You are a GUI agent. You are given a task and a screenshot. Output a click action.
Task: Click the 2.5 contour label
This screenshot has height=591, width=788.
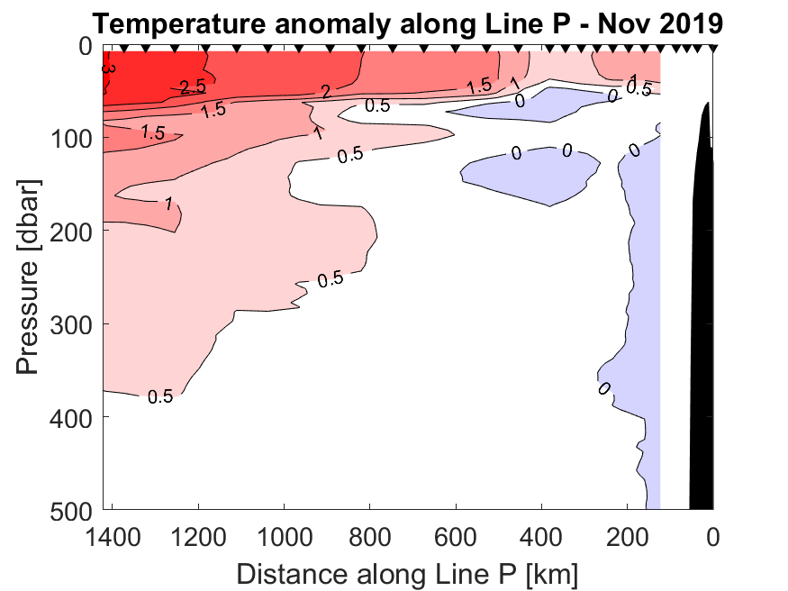(x=193, y=87)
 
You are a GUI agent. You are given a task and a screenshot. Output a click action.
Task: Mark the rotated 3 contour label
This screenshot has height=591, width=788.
(x=109, y=67)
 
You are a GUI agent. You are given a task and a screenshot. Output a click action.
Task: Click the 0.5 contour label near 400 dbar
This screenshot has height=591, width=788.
(x=160, y=396)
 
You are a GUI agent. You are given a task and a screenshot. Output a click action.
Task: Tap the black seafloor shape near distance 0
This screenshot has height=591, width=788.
(x=702, y=315)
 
